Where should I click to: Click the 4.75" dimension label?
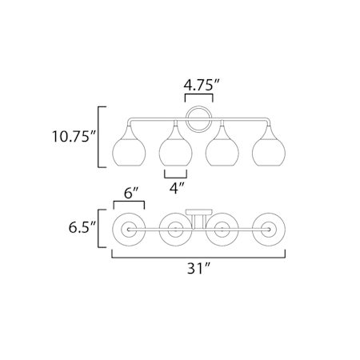click(201, 85)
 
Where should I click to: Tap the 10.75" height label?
click(74, 137)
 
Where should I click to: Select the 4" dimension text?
click(177, 188)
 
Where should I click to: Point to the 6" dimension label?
click(131, 193)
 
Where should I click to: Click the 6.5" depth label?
click(82, 227)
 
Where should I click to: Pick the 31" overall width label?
click(198, 268)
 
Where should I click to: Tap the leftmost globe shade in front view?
click(129, 146)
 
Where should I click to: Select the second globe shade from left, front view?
click(175, 146)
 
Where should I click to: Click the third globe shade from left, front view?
click(222, 146)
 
